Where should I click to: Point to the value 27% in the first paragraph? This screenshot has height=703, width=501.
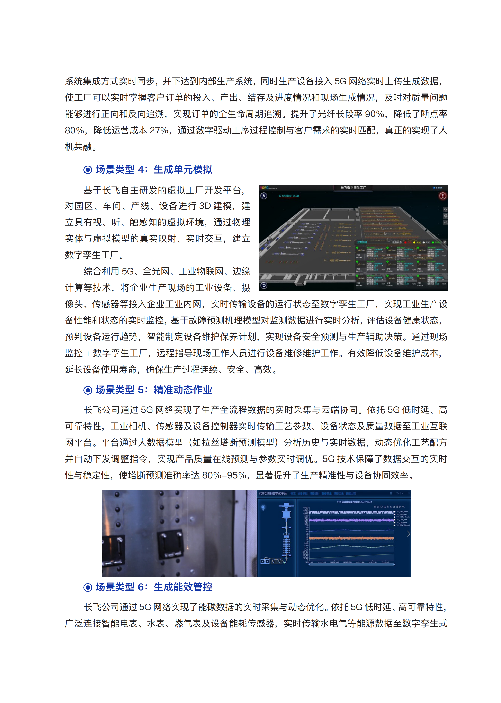click(x=159, y=131)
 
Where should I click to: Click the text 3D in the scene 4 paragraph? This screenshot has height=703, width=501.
click(x=205, y=206)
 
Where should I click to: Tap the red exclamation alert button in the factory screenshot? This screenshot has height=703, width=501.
click(x=442, y=196)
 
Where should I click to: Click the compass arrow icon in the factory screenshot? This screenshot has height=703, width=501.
click(x=264, y=196)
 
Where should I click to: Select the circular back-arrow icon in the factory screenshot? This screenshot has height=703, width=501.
click(x=264, y=285)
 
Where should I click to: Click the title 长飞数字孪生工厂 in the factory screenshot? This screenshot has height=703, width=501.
click(x=353, y=188)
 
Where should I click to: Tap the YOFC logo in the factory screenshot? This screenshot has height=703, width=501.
click(x=264, y=188)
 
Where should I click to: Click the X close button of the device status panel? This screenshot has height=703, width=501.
click(x=445, y=242)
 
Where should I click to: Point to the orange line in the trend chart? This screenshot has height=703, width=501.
click(x=351, y=538)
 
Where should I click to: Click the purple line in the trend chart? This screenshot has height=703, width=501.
click(x=351, y=520)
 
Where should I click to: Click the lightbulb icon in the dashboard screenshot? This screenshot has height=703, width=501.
click(x=263, y=507)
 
